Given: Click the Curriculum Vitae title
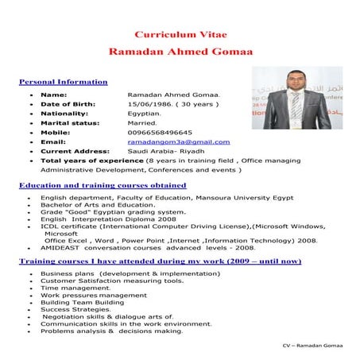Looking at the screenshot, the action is [180, 36].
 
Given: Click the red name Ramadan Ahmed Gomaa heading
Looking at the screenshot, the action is [180, 51].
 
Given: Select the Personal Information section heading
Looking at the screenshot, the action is [63, 82].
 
